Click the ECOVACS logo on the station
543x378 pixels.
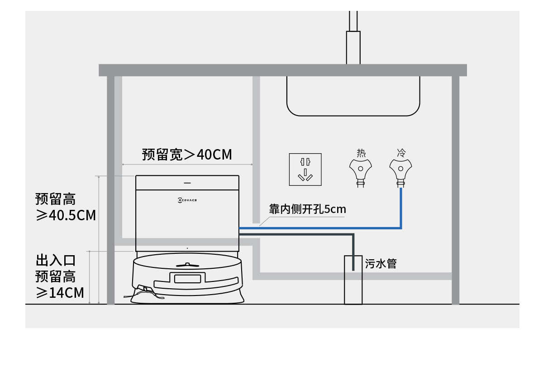click(187, 200)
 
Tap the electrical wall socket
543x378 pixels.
click(305, 170)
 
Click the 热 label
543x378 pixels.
click(361, 153)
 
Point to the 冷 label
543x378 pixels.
click(401, 153)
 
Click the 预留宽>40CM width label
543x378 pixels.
click(186, 155)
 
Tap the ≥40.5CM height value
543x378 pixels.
click(66, 215)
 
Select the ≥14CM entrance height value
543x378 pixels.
click(60, 292)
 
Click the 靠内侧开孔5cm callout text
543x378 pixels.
click(307, 209)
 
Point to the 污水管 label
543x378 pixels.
click(381, 264)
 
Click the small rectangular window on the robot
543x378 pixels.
click(187, 279)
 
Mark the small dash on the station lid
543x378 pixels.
click(187, 183)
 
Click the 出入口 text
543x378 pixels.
click(56, 261)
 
